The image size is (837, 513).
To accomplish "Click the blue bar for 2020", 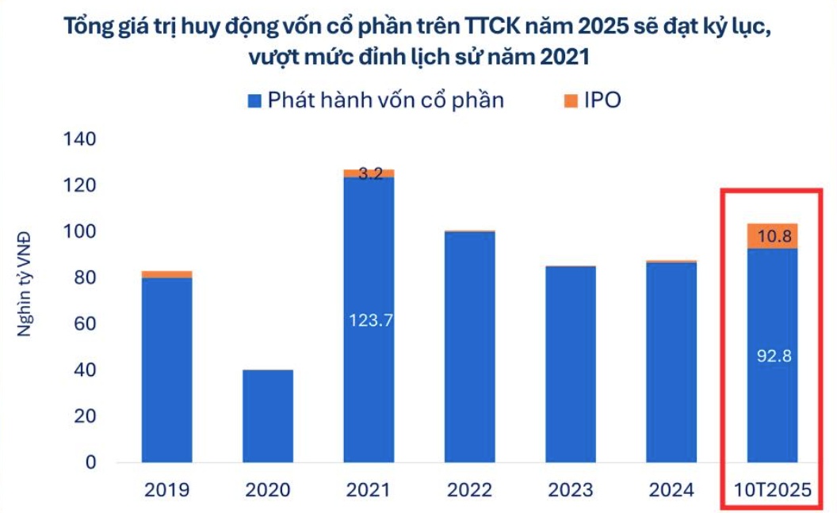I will pos(267,416).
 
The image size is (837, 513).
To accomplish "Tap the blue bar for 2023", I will pos(570,364).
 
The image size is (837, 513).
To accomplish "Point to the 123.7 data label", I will pos(369,320).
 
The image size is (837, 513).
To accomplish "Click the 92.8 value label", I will pos(772,356).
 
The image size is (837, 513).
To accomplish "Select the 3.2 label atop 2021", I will pos(369,174).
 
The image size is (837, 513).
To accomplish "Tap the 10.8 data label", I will pos(772,235).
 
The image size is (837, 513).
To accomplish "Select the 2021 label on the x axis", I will pos(369,491).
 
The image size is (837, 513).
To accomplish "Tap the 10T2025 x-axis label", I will pos(772,491).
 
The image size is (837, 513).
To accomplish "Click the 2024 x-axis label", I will pos(671,491).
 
